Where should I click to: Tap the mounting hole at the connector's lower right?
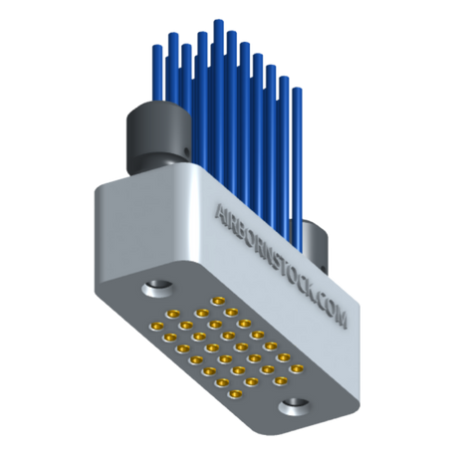coord(296,405)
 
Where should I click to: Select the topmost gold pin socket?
coord(215,298)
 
